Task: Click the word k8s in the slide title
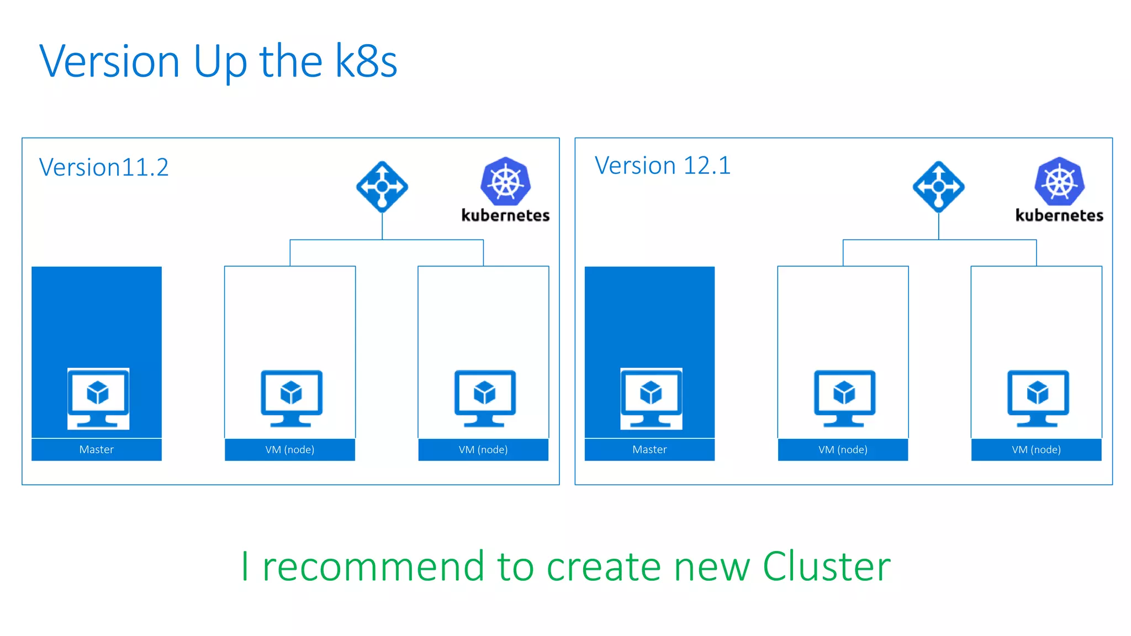coord(366,61)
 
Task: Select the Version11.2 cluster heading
coord(104,167)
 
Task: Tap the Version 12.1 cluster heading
coord(662,165)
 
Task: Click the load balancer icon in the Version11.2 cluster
coord(382,187)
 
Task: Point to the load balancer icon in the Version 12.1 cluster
coord(938,187)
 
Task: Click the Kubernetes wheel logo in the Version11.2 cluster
coord(505,181)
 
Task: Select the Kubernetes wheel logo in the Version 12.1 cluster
coord(1059,181)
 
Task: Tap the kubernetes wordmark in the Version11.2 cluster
coord(505,215)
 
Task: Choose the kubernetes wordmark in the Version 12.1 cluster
coord(1059,215)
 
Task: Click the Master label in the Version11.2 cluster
coord(97,449)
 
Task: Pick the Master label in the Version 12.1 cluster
coord(649,449)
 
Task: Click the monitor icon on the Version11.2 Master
coord(98,398)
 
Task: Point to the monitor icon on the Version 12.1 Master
coord(651,398)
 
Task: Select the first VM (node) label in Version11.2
coord(290,449)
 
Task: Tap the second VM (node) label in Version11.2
coord(483,449)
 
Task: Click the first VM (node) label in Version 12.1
coord(843,449)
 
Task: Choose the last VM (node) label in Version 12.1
coord(1036,449)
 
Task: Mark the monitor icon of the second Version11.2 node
coord(485,398)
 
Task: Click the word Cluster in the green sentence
coord(826,566)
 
